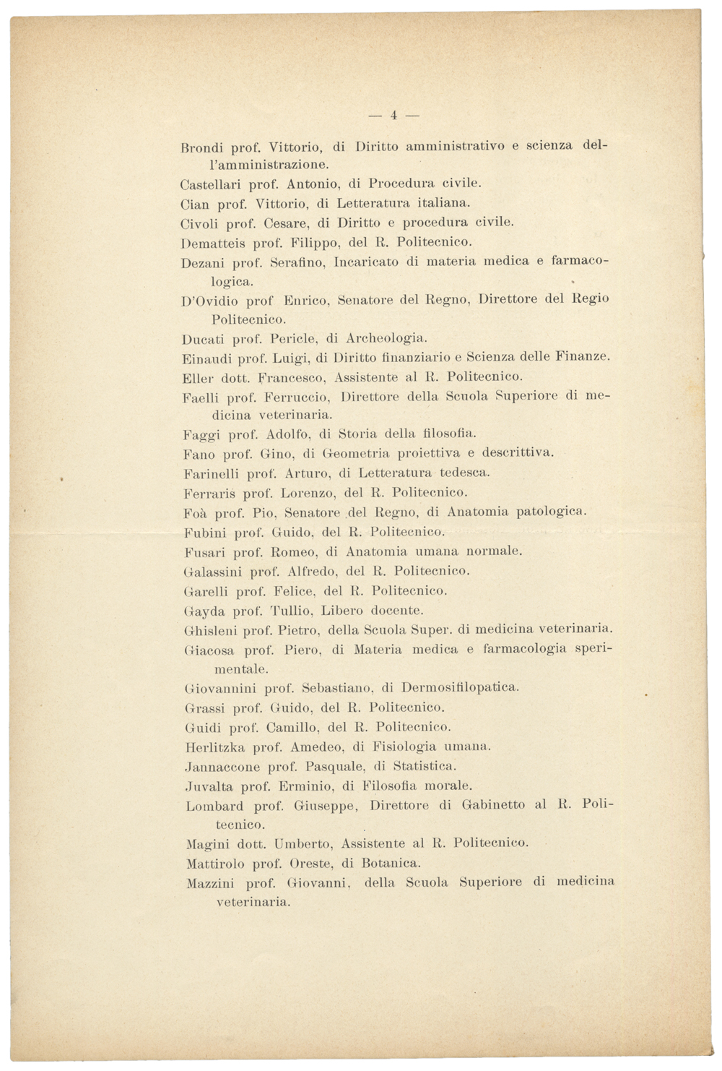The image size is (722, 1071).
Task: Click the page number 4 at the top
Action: point(394,115)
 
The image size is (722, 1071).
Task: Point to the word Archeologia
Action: point(386,338)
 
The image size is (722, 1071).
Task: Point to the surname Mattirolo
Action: point(215,863)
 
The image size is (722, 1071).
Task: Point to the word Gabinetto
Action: point(494,805)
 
